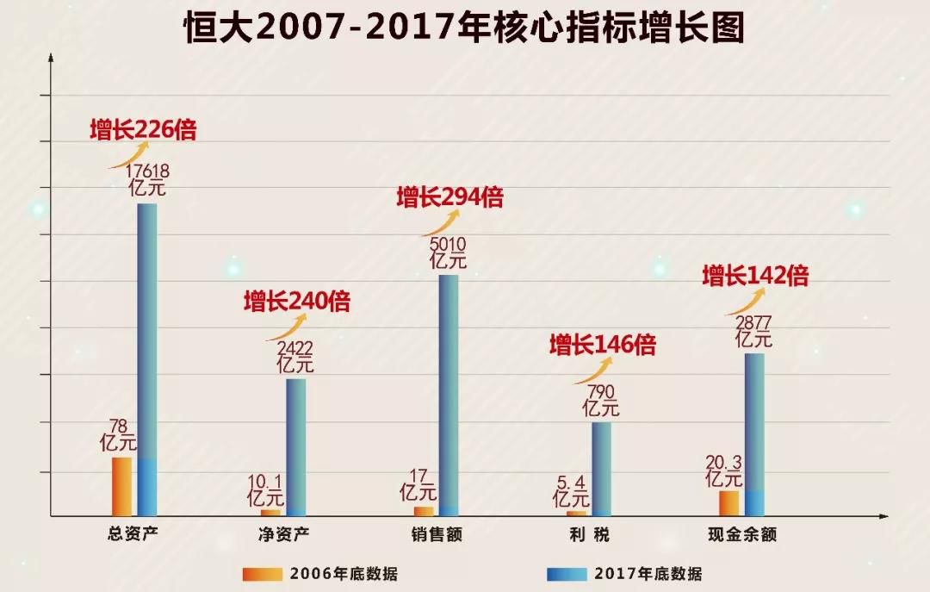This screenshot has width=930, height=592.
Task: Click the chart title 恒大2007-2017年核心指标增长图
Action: click(464, 28)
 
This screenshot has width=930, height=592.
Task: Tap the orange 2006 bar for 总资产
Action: click(122, 486)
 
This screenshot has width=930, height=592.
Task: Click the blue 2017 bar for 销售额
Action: click(449, 392)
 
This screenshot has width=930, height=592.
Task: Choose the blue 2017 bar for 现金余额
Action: click(754, 422)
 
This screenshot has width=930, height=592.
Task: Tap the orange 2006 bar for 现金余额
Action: click(728, 502)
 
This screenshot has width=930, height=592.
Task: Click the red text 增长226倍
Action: click(143, 130)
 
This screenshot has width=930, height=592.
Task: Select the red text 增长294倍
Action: click(449, 197)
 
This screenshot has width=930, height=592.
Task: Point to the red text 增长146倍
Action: click(603, 346)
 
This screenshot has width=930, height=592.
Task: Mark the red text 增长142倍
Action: click(755, 277)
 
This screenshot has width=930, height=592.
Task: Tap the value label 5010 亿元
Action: click(448, 251)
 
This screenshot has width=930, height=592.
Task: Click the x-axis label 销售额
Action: click(437, 534)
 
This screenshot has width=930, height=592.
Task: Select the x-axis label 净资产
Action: click(283, 534)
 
